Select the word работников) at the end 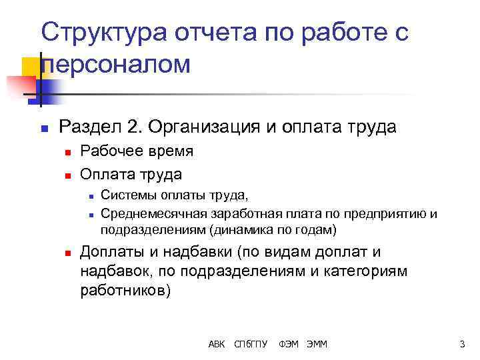(125, 291)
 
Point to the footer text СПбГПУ (251, 344)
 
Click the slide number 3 (461, 344)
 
